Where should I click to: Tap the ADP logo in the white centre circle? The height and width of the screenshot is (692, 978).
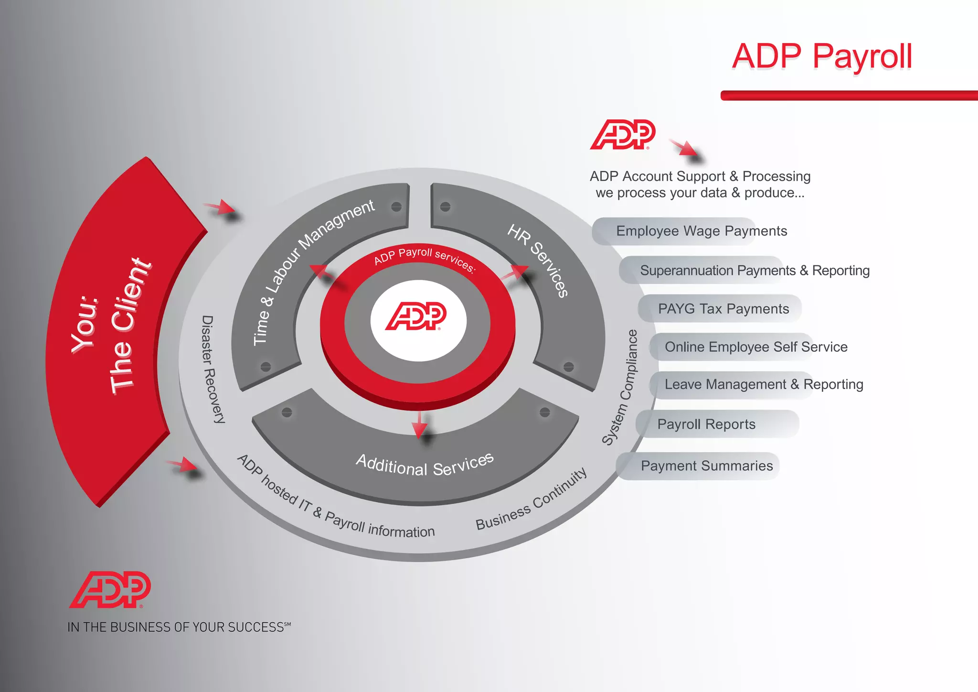click(416, 316)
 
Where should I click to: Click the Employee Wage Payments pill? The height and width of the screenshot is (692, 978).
click(701, 231)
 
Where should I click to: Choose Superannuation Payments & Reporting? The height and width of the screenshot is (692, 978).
click(755, 270)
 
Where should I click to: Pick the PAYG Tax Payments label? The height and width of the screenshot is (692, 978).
click(723, 309)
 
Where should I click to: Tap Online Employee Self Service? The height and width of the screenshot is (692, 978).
click(755, 347)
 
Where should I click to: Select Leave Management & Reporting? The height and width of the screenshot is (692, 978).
click(764, 385)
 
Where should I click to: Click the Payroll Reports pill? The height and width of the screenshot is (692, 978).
click(706, 424)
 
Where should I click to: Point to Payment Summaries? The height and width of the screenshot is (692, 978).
click(706, 466)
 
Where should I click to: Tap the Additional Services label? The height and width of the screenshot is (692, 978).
click(425, 465)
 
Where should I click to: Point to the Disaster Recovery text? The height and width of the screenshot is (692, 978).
click(212, 369)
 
